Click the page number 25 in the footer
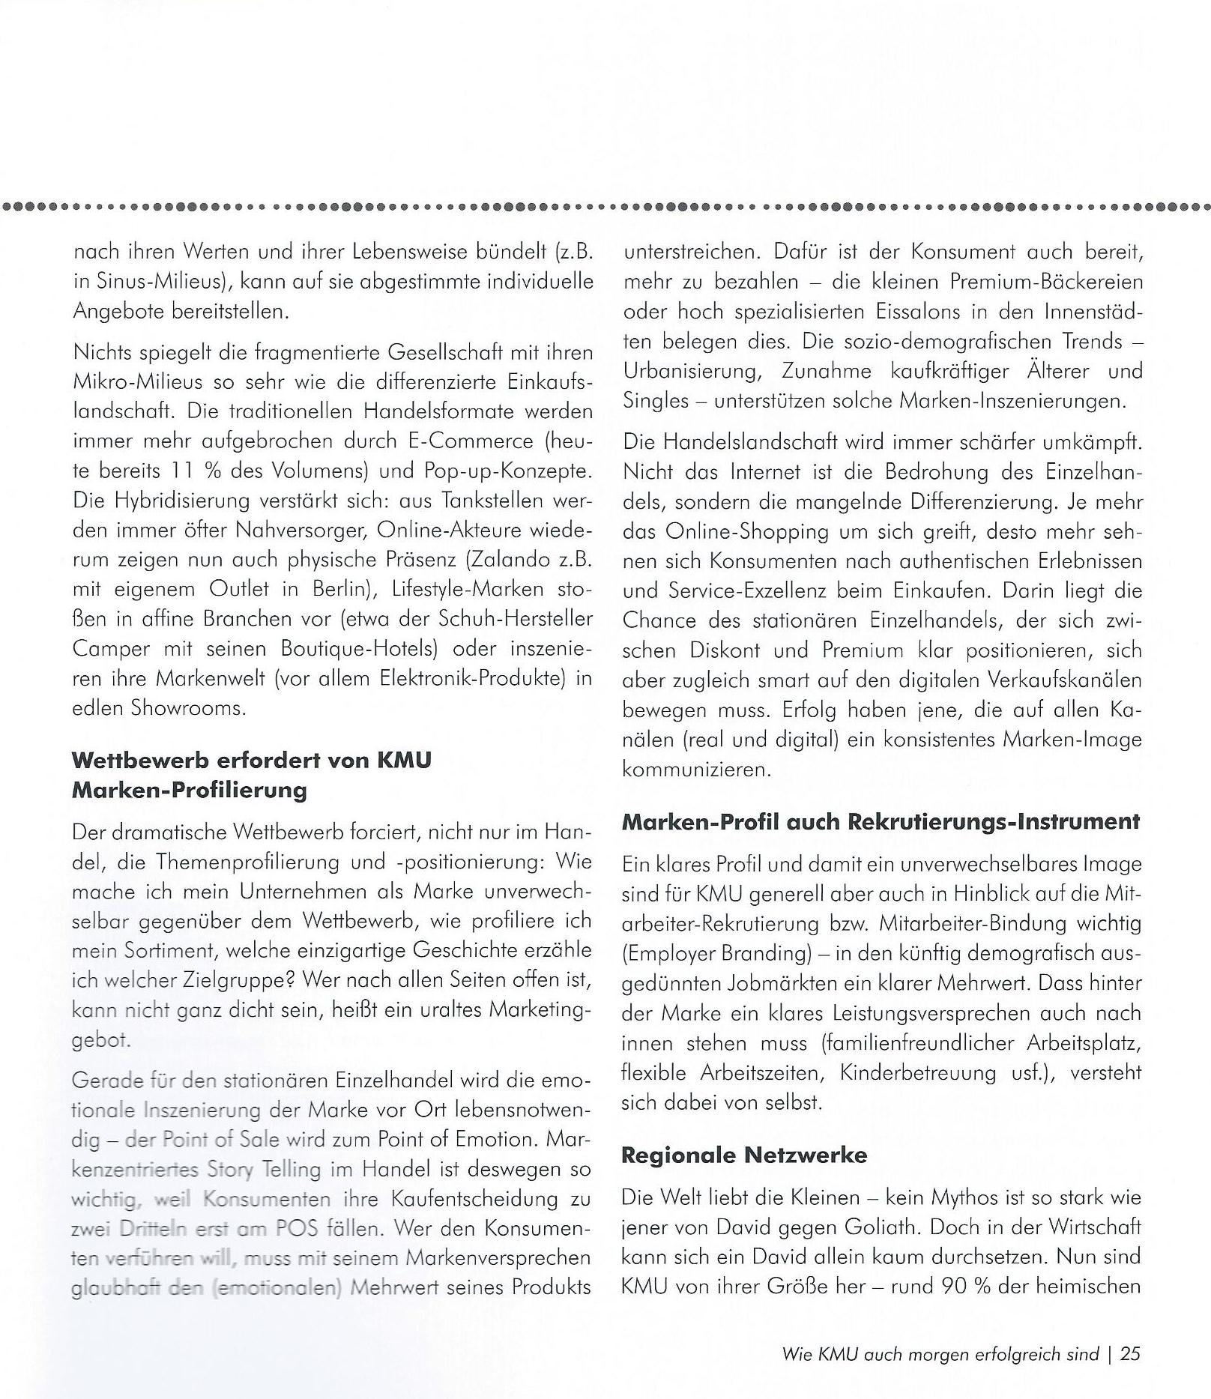click(1130, 1354)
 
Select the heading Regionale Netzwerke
click(744, 1155)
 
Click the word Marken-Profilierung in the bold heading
click(190, 791)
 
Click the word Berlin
click(342, 589)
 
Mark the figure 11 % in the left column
click(190, 471)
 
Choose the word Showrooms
click(187, 707)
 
